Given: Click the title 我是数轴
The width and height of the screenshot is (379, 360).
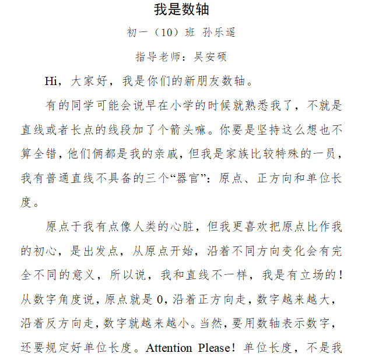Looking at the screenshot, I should [x=181, y=10].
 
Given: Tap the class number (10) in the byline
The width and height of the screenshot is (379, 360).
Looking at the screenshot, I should [x=166, y=33].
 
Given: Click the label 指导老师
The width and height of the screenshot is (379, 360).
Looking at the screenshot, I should [x=155, y=57].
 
